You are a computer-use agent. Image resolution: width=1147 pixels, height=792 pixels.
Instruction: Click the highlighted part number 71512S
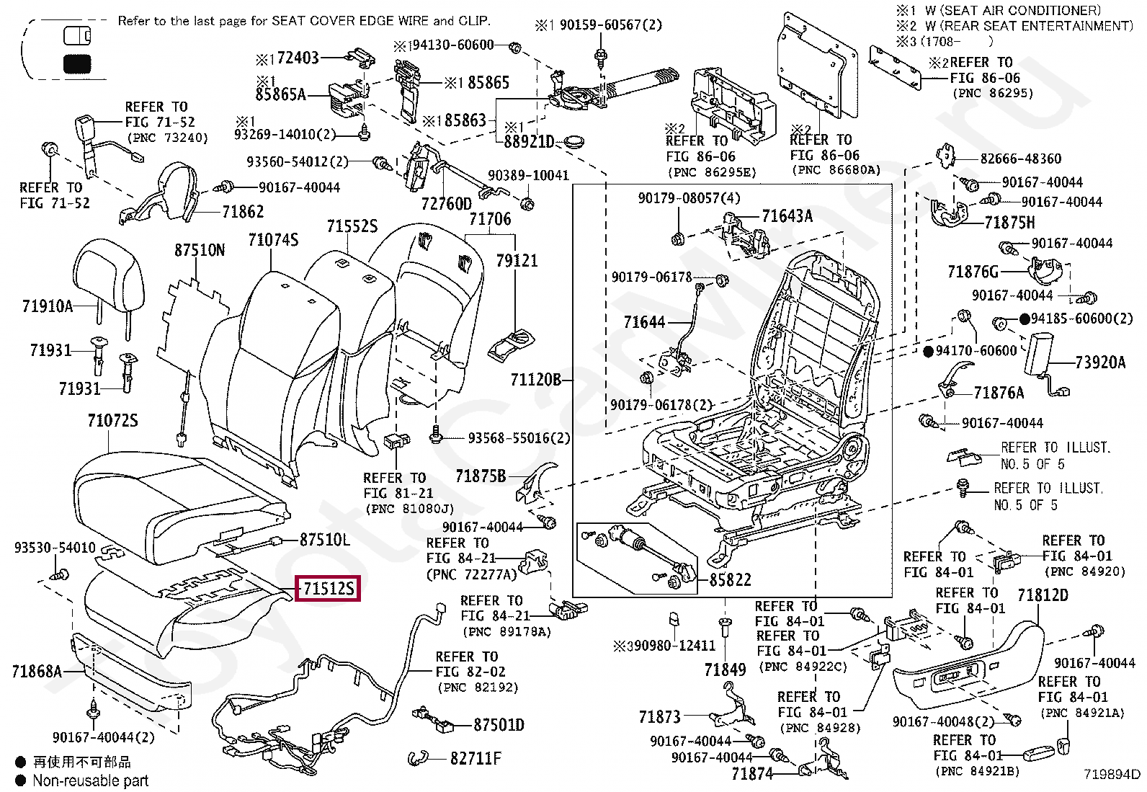point(329,589)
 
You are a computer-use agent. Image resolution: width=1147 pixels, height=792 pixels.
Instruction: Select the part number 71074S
point(273,240)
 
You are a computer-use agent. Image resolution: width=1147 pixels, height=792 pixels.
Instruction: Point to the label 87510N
point(200,251)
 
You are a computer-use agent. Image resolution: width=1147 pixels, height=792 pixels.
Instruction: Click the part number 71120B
point(535,379)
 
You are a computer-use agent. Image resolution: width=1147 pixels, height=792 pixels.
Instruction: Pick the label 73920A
point(1099,362)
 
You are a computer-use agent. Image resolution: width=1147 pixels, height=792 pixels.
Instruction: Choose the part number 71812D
point(1043,595)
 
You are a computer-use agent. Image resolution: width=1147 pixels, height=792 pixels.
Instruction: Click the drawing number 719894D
point(1112,774)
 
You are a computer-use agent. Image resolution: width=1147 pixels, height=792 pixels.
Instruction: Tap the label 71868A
point(37,672)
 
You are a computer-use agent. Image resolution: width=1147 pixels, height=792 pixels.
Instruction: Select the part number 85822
point(730,579)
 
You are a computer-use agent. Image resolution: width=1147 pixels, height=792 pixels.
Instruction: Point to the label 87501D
point(499,725)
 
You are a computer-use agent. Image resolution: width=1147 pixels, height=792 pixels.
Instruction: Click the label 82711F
point(476,758)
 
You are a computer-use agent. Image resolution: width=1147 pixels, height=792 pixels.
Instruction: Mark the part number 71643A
point(787,215)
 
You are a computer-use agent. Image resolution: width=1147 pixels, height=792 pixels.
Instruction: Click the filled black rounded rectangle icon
point(77,64)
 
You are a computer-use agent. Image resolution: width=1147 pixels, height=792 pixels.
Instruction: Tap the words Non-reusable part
point(90,780)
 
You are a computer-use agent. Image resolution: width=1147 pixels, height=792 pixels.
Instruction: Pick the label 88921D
point(529,142)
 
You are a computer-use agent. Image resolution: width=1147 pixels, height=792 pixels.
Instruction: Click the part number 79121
point(517,260)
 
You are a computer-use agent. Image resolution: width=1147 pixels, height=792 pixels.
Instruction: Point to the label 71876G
point(973,272)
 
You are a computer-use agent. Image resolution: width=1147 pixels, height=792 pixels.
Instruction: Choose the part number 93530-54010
point(55,548)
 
